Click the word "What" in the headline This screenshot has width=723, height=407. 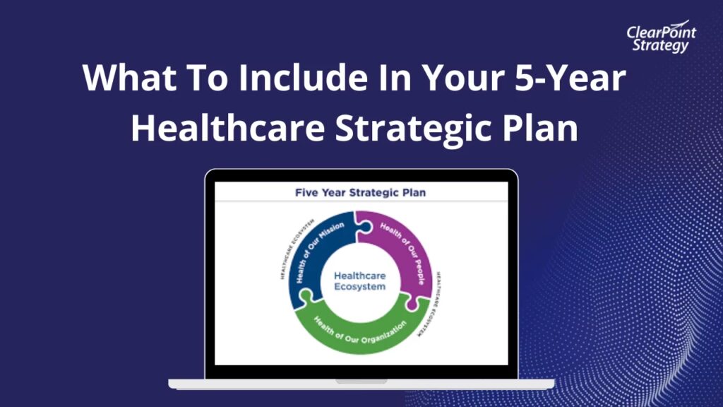pyautogui.click(x=130, y=77)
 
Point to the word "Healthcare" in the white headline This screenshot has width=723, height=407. pyautogui.click(x=228, y=127)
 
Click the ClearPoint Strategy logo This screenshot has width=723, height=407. pyautogui.click(x=661, y=37)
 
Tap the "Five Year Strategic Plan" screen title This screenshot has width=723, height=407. pyautogui.click(x=360, y=192)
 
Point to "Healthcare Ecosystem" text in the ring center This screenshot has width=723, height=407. pyautogui.click(x=359, y=281)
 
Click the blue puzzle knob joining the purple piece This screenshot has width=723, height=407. pyautogui.click(x=365, y=227)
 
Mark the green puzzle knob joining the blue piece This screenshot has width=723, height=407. pyautogui.click(x=305, y=296)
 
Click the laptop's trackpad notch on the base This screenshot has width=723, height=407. pyautogui.click(x=361, y=382)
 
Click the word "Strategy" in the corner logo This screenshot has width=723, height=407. pyautogui.click(x=660, y=45)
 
